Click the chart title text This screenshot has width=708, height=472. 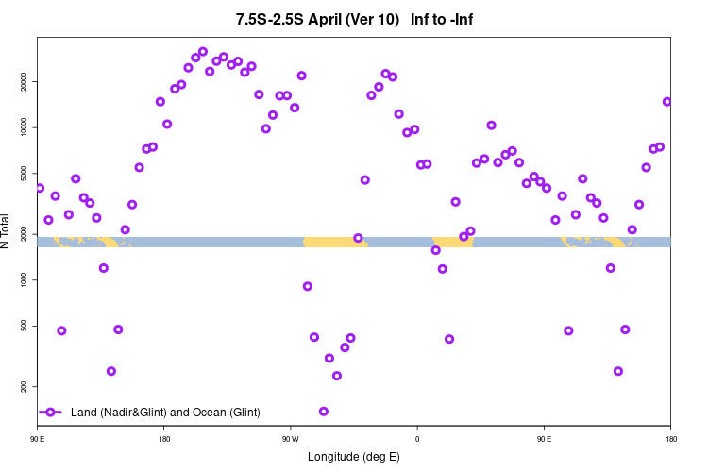(361, 20)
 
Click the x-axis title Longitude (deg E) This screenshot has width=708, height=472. (354, 457)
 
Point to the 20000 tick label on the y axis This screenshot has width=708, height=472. (25, 82)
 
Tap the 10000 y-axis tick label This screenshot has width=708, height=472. (25, 127)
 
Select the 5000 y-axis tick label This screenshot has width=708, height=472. (25, 174)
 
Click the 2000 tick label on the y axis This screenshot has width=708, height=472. (25, 234)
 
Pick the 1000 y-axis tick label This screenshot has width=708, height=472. (25, 280)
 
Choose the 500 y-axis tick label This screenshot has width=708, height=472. (25, 326)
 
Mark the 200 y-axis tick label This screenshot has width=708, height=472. (25, 387)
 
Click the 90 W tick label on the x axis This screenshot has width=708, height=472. (290, 439)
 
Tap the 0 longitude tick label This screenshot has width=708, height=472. (417, 439)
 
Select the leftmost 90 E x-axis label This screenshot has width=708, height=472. (39, 439)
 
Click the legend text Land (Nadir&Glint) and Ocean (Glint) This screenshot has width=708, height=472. (165, 413)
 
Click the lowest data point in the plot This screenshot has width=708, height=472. (324, 412)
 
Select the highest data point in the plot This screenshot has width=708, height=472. (203, 52)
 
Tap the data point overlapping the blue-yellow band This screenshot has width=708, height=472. (358, 238)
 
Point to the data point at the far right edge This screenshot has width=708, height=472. (666, 102)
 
